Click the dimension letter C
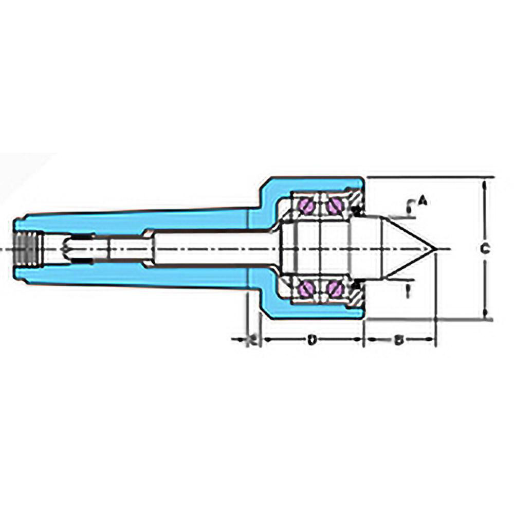pyautogui.click(x=483, y=249)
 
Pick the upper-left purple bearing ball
pyautogui.click(x=307, y=206)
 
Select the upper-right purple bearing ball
pyautogui.click(x=335, y=206)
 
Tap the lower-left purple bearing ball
pyautogui.click(x=307, y=289)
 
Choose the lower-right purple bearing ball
pyautogui.click(x=335, y=289)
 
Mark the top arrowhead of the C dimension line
pyautogui.click(x=485, y=183)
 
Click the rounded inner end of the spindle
pyautogui.click(x=65, y=248)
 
